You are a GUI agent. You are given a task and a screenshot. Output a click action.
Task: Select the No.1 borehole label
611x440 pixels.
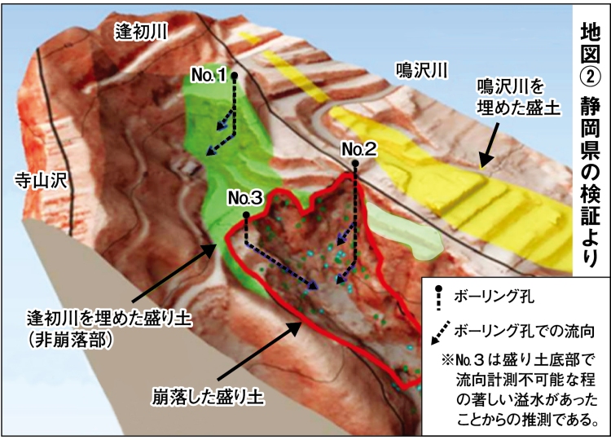coord(208,75)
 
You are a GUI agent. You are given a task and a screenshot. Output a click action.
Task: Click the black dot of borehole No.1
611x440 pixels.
coord(235,75)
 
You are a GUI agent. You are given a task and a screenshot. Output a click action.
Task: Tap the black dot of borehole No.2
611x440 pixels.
coord(356,164)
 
